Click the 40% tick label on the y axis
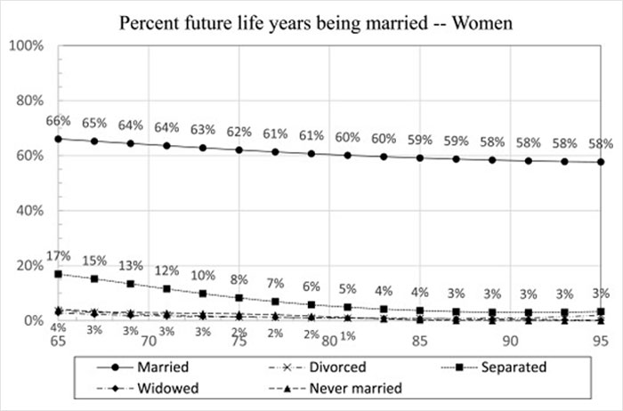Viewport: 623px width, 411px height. pyautogui.click(x=28, y=210)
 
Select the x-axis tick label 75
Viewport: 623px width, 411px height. pyautogui.click(x=239, y=341)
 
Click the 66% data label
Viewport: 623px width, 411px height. pyautogui.click(x=59, y=120)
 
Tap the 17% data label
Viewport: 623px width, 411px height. pyautogui.click(x=59, y=256)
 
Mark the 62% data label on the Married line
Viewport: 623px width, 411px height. pyautogui.click(x=239, y=133)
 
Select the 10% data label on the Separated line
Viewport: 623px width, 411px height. pyautogui.click(x=202, y=275)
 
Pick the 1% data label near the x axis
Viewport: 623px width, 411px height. pyautogui.click(x=347, y=334)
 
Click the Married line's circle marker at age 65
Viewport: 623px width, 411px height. pyautogui.click(x=59, y=139)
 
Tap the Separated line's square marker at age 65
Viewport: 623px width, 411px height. pyautogui.click(x=59, y=274)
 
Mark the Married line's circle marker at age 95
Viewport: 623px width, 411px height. pyautogui.click(x=602, y=162)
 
